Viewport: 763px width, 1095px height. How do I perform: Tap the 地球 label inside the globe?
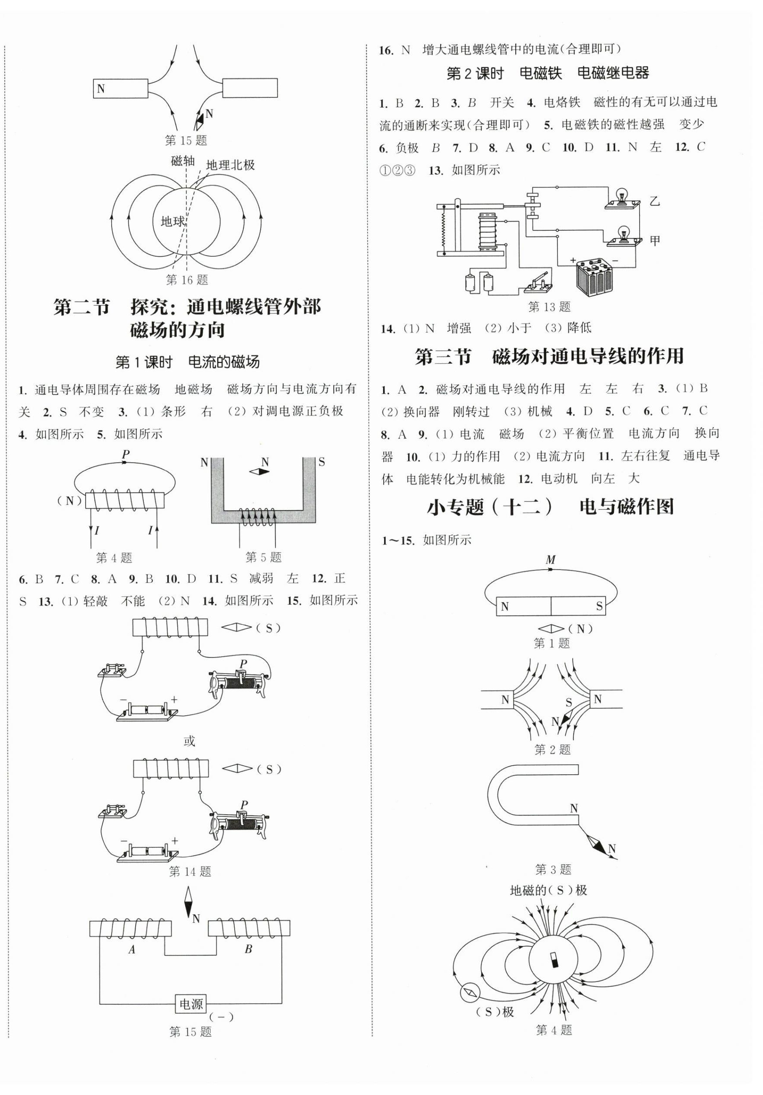172,221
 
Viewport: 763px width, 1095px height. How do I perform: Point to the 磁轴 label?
182,161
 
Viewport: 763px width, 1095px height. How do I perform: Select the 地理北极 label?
230,165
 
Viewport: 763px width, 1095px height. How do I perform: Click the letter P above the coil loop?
126,454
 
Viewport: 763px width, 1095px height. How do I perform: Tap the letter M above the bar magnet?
551,559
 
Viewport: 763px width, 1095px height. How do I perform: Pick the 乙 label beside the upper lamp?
655,201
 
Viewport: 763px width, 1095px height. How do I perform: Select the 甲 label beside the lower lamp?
655,240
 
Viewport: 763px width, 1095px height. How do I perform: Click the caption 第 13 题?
549,307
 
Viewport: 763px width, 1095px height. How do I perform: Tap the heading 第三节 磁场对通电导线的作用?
549,356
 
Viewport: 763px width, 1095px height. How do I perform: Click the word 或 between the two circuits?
189,741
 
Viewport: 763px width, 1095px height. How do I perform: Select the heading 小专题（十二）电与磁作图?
550,507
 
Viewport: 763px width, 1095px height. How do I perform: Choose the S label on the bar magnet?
599,607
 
